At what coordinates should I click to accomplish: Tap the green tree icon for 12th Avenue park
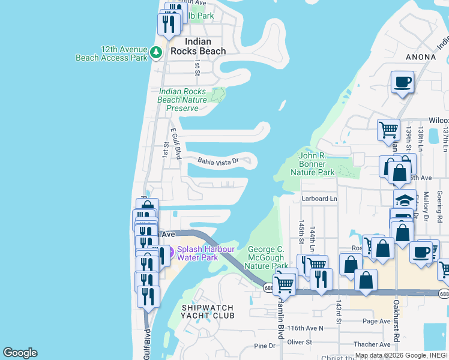[x=156, y=52]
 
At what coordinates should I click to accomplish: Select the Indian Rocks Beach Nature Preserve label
[x=182, y=100]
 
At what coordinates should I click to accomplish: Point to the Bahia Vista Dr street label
[x=218, y=160]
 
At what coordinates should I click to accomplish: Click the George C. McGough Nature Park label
[x=266, y=257]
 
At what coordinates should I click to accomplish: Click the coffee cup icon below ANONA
[x=402, y=82]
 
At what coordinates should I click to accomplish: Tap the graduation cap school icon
[x=405, y=199]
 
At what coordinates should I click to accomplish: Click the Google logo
[x=20, y=353]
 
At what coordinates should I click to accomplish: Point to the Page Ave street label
[x=376, y=322]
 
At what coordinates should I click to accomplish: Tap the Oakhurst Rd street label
[x=396, y=324]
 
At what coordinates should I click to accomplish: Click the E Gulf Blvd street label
[x=176, y=143]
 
